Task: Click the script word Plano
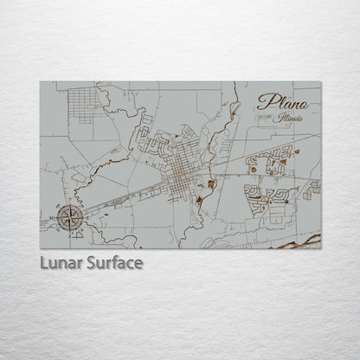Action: (281, 102)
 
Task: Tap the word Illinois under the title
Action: (286, 118)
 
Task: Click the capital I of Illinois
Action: (274, 117)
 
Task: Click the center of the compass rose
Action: (72, 217)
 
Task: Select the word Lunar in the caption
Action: (61, 262)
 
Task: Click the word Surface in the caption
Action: (113, 262)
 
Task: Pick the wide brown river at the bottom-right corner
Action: (299, 241)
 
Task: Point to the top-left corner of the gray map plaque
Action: (41, 82)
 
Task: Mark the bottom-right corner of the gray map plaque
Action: (320, 248)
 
